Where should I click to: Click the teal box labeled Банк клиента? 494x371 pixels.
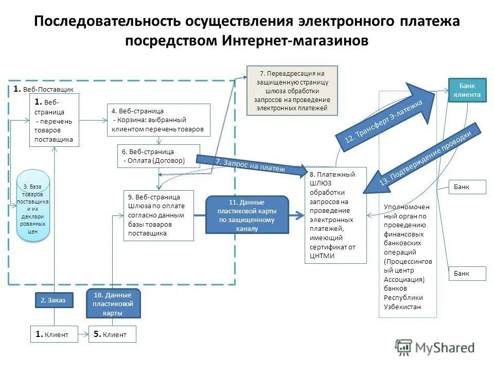[467, 90]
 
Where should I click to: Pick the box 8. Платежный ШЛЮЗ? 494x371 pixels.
[336, 215]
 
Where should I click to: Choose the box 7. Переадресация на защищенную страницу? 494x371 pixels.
[292, 90]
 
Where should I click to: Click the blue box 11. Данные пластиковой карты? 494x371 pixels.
[247, 215]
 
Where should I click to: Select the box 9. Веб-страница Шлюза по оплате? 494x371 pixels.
[159, 215]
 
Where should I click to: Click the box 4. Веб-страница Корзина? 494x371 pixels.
[160, 120]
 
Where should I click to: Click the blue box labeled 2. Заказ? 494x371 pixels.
[54, 300]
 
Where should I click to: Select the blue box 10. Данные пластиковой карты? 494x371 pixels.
[112, 303]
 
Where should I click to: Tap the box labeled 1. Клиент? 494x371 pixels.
[54, 334]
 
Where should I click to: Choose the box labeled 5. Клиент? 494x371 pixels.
[113, 334]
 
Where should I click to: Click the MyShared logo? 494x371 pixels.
[435, 347]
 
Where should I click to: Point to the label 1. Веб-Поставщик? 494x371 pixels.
[44, 89]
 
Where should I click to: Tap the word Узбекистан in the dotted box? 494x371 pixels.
[402, 307]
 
